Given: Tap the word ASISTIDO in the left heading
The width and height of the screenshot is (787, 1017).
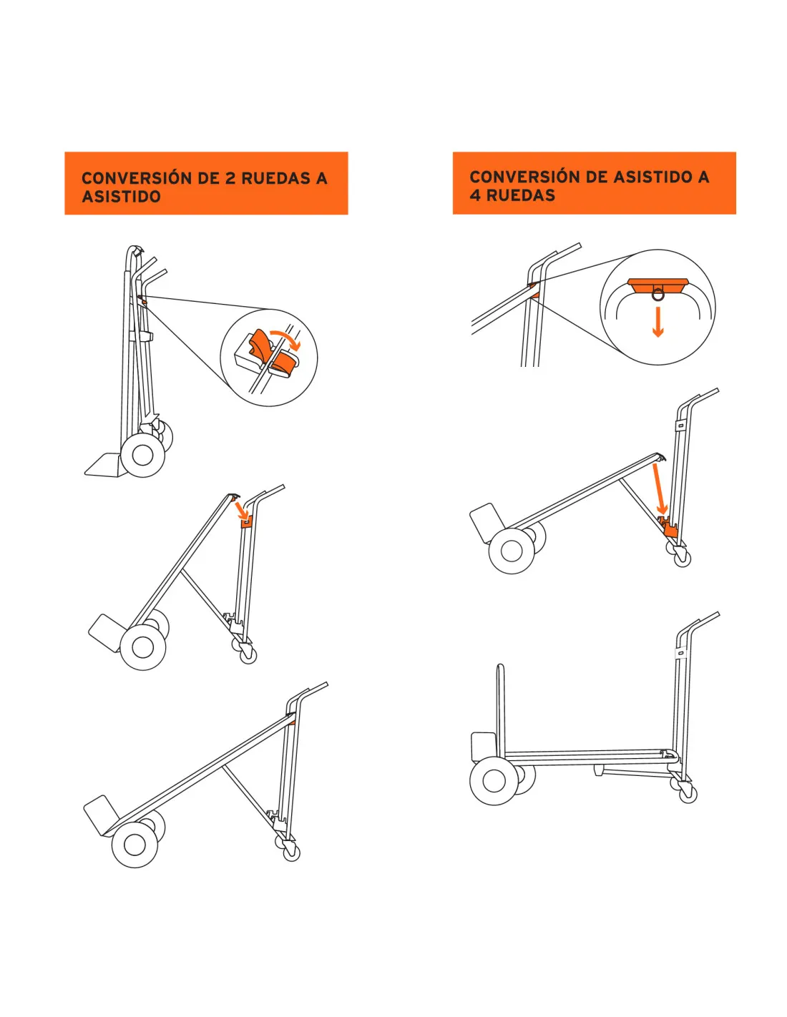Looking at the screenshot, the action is [x=121, y=196].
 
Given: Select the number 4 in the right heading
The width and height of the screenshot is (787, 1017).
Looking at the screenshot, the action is [x=475, y=195].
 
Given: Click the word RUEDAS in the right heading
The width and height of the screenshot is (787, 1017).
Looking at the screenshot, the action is [x=521, y=195].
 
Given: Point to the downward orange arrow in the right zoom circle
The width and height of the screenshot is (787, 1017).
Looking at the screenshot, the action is [x=658, y=322].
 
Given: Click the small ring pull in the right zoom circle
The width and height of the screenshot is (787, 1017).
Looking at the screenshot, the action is [x=658, y=295].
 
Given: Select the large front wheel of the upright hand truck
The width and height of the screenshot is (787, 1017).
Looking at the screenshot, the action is [x=142, y=455].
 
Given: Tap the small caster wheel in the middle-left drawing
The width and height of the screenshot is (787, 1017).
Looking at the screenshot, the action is [x=248, y=654].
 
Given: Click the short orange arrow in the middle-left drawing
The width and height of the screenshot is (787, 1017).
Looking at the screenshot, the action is [x=242, y=510].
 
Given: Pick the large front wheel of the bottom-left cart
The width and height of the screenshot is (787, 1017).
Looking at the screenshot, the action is [x=135, y=844].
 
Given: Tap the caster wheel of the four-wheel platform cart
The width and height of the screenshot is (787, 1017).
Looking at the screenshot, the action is [x=688, y=795].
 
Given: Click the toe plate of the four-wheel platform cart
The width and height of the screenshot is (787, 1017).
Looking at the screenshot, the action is [x=483, y=746].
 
